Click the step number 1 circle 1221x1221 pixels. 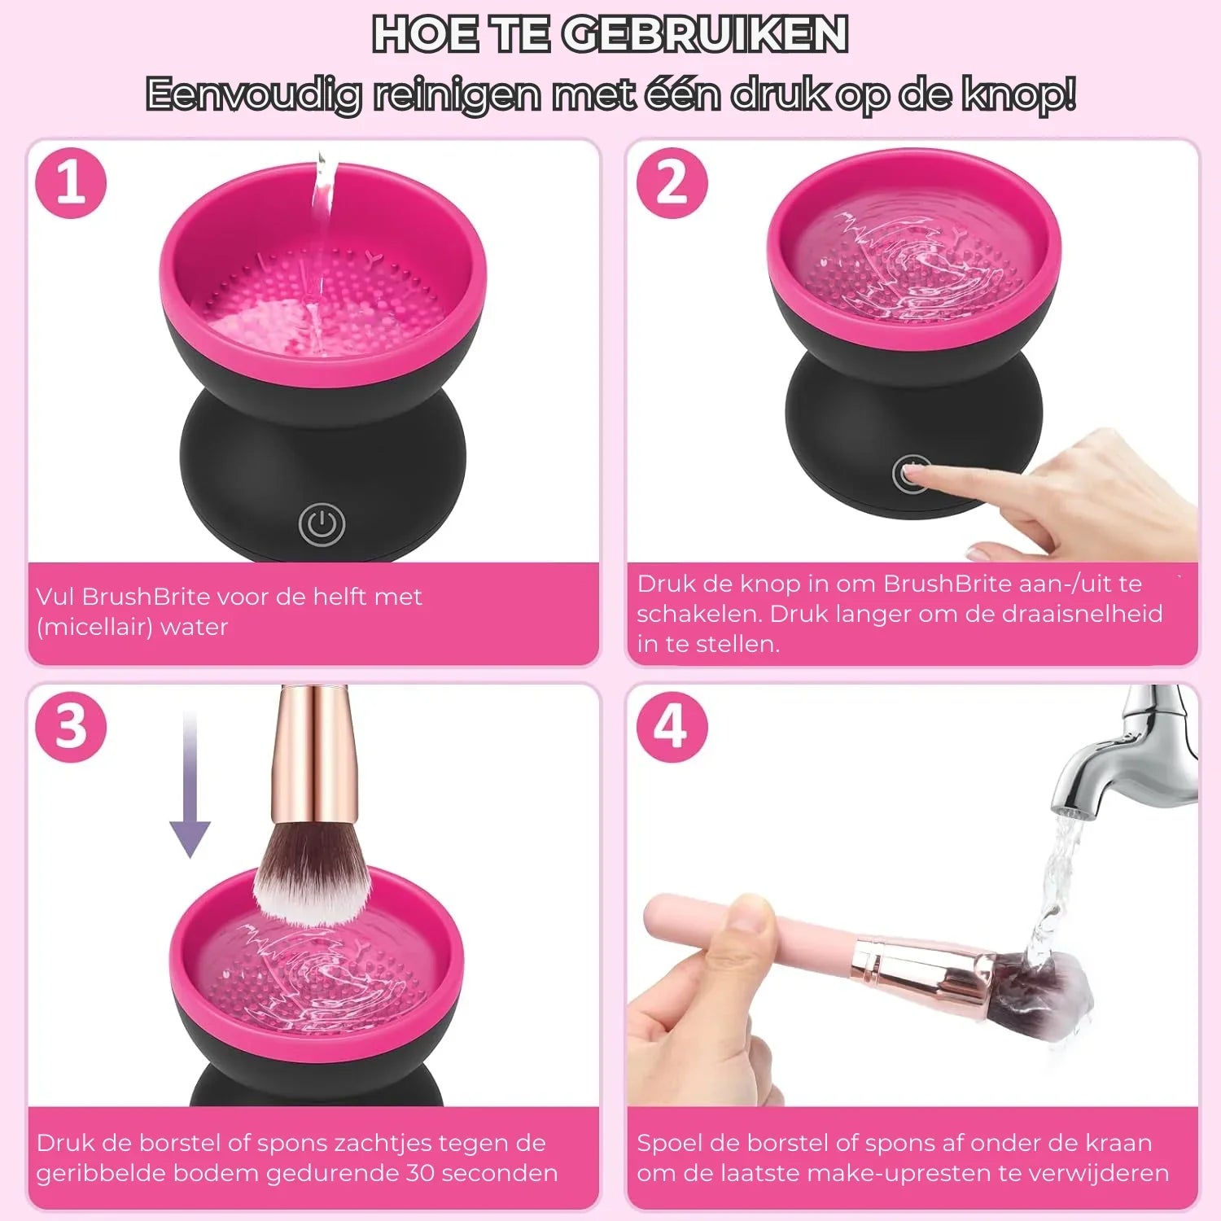coord(72,183)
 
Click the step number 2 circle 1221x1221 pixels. coord(672,183)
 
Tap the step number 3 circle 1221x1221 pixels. coord(72,727)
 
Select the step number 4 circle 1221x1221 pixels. coord(672,727)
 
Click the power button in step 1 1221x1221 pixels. coord(322,524)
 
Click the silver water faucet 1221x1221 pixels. coord(1127,753)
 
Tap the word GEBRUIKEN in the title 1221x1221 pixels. coord(705,34)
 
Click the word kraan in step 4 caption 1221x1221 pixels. coord(1118,1143)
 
